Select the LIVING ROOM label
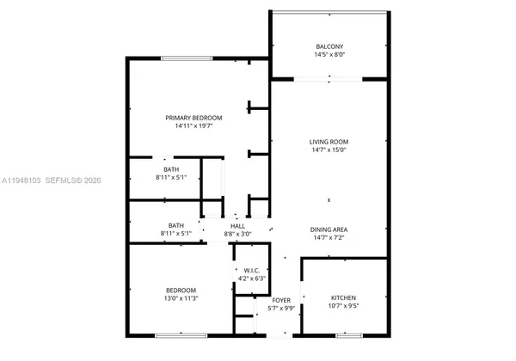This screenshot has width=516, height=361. click(329, 142)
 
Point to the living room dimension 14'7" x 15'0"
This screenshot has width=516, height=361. click(329, 150)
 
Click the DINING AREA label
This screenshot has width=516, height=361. click(329, 229)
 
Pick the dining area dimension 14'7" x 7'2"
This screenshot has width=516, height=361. click(329, 238)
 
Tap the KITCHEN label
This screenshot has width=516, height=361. click(344, 298)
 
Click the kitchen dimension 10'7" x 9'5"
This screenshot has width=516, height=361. click(344, 307)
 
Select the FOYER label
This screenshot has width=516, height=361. click(281, 300)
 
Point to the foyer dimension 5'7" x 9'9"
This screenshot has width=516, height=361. click(281, 309)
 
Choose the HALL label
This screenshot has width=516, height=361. click(237, 225)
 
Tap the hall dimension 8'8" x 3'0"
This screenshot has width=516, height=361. click(237, 234)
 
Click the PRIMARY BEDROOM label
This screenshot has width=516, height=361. click(194, 118)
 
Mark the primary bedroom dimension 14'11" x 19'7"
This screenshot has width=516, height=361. click(194, 126)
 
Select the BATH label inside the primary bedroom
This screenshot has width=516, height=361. click(172, 169)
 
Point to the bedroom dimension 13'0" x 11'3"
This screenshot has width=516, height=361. click(181, 298)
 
